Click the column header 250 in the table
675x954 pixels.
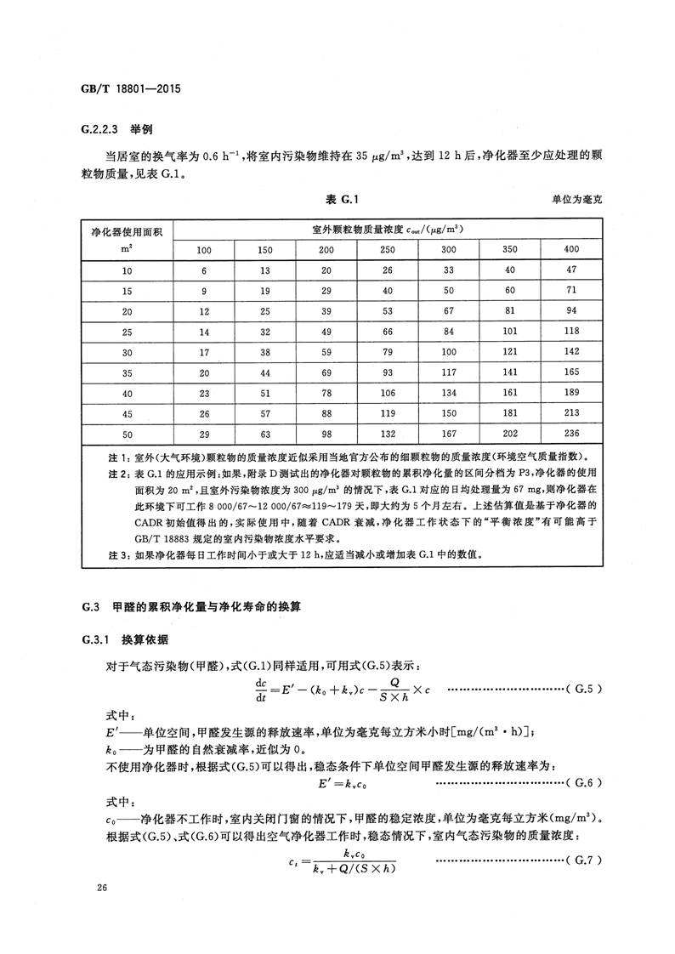click(388, 249)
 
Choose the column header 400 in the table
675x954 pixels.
click(571, 249)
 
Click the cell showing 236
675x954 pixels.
click(571, 433)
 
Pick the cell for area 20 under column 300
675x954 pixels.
click(449, 310)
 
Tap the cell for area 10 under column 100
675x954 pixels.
click(204, 270)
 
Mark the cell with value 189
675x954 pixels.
click(571, 392)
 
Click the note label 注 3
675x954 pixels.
click(94, 554)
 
